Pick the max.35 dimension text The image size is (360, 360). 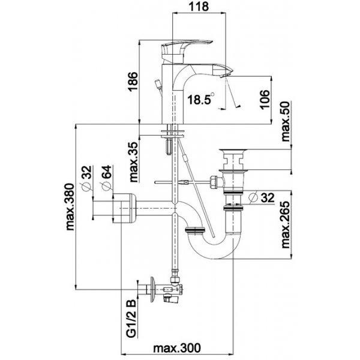(134, 163)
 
